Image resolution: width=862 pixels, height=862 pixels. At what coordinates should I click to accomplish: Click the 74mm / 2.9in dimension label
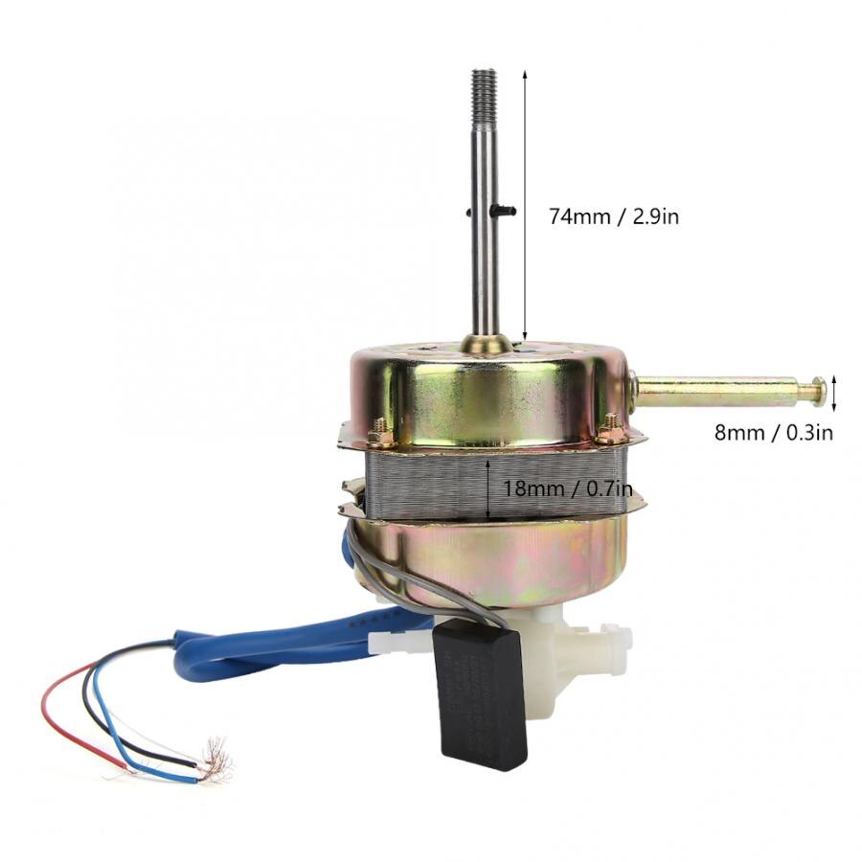[613, 216]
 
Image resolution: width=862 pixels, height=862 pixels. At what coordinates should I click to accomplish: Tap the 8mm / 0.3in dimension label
[774, 432]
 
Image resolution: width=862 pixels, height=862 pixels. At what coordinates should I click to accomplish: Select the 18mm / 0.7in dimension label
[568, 488]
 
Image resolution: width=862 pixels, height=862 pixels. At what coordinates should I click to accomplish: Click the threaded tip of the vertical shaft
[484, 85]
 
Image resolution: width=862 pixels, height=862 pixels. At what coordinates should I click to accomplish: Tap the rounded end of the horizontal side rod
[817, 390]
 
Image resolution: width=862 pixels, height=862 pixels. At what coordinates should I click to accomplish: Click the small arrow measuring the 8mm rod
[834, 392]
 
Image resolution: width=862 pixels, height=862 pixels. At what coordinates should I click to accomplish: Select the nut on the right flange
[610, 424]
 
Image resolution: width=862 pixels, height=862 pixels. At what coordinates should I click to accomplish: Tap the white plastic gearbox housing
[565, 661]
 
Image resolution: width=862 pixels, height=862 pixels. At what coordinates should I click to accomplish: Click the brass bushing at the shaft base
[486, 343]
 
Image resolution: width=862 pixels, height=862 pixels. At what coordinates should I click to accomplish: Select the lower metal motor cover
[488, 560]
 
